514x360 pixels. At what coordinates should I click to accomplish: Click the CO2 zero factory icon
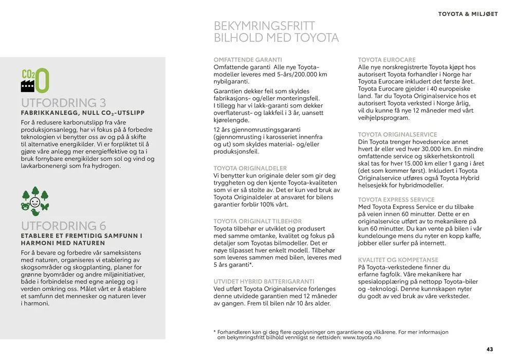point(35,80)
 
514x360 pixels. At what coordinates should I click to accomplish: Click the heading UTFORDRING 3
point(63,103)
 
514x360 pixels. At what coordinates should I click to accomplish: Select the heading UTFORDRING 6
point(63,226)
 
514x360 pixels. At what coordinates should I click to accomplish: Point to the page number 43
point(490,349)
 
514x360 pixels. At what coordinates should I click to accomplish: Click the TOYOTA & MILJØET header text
point(468,14)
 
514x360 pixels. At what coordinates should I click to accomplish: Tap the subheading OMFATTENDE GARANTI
point(248,60)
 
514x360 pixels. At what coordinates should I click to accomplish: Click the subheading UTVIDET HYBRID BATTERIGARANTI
point(264,281)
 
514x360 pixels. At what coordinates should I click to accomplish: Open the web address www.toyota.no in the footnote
point(362,337)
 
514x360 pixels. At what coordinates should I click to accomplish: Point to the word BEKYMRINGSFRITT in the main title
point(264,26)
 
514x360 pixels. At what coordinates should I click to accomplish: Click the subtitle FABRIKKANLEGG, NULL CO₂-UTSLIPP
point(83,113)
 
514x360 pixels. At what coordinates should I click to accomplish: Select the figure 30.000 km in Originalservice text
point(437,149)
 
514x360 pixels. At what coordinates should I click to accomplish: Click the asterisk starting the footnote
point(215,332)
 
